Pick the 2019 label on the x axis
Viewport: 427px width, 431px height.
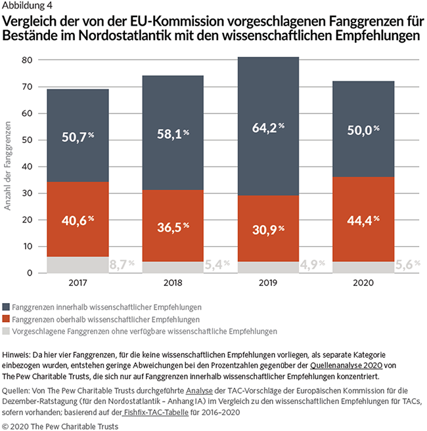click(267, 282)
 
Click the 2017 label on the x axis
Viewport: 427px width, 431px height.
click(77, 282)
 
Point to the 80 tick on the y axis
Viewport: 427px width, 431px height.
click(27, 60)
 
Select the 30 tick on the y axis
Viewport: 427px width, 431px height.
click(27, 193)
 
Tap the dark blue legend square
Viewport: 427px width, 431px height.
click(7, 306)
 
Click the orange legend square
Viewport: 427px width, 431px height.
click(7, 319)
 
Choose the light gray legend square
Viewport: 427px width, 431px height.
click(7, 331)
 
